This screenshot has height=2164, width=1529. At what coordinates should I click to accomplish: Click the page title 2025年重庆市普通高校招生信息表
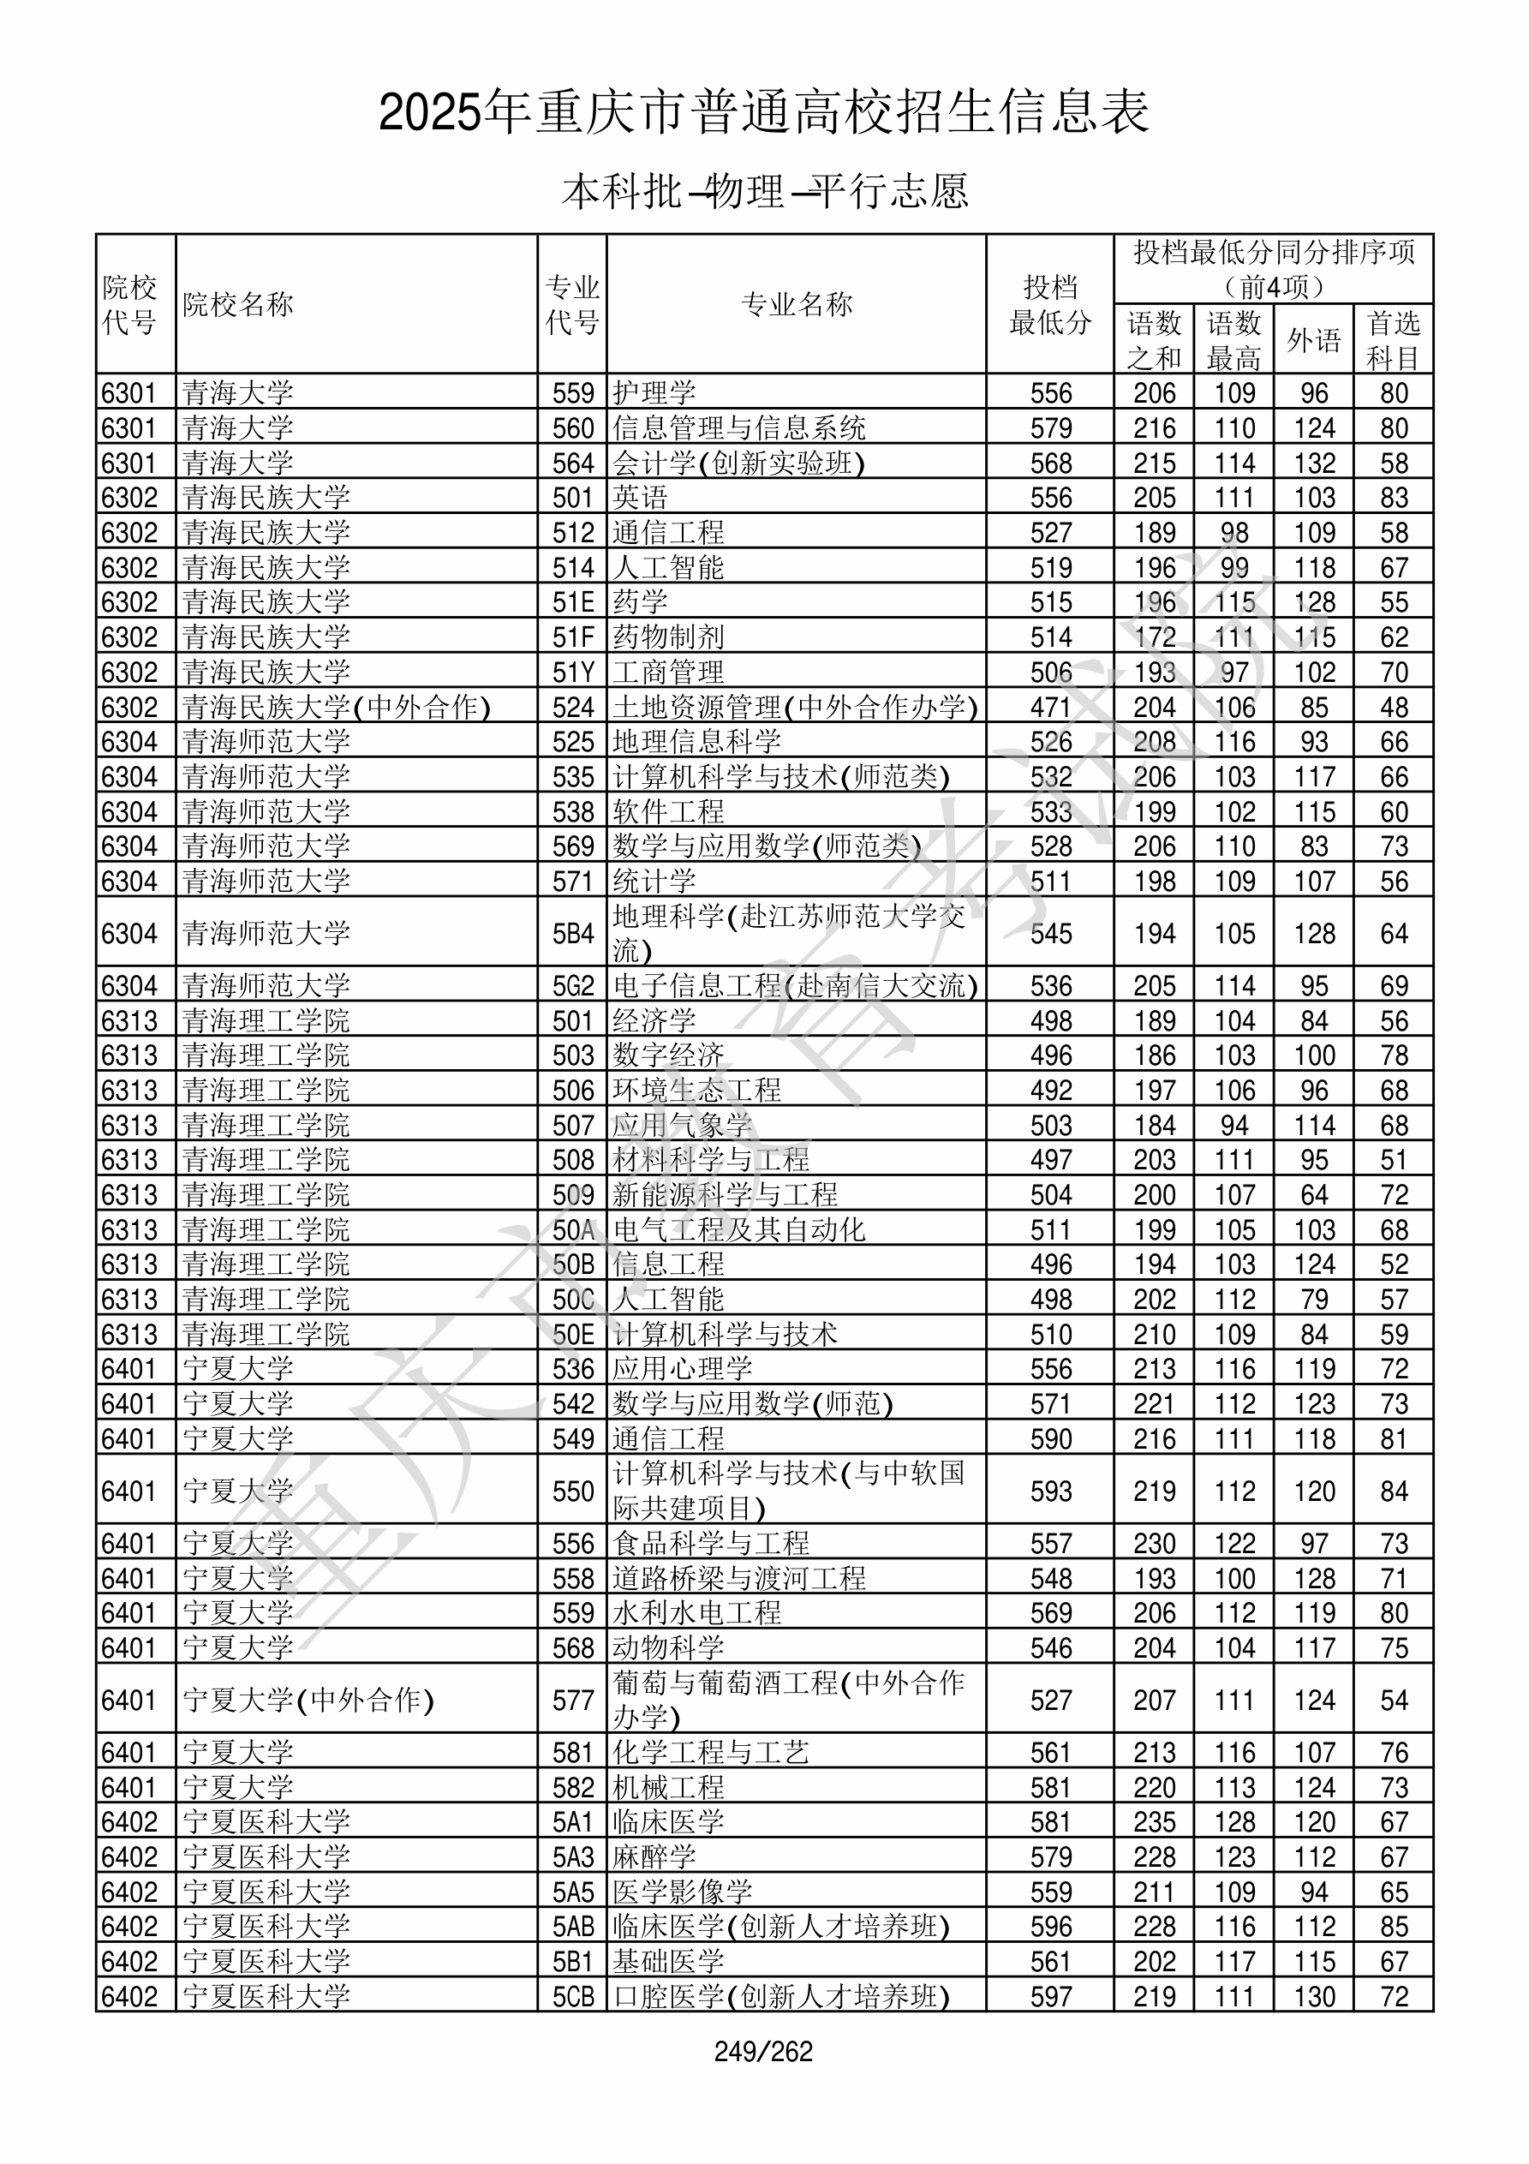pos(763,113)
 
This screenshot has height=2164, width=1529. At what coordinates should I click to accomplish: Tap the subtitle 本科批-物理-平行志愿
pos(764,191)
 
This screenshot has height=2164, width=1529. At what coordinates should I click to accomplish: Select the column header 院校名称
pos(238,304)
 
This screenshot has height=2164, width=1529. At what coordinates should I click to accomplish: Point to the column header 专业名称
pos(797,304)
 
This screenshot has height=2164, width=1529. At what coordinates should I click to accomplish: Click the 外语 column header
pos(1314,340)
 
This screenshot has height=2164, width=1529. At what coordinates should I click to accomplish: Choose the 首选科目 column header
pos(1394,340)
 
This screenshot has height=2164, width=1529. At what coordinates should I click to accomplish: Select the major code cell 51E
pos(573,602)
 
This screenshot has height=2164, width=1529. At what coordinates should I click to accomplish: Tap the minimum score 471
pos(1050,707)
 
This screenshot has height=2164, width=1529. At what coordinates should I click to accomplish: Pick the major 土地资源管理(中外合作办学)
pos(795,707)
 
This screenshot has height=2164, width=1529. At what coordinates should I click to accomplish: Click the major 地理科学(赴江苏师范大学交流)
pos(789,932)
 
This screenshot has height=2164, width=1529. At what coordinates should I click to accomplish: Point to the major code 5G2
pos(573,986)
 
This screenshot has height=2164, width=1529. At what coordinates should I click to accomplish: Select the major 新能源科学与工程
pos(725,1195)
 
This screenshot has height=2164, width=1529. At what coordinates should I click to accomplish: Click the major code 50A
pos(573,1230)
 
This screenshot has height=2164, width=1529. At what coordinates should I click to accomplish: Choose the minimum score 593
pos(1050,1491)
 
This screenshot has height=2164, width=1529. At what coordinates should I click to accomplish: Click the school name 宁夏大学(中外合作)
pos(308,1701)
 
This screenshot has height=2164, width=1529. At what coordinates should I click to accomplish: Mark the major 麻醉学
pos(654,1856)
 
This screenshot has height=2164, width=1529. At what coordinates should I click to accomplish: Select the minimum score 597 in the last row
pos(1050,1996)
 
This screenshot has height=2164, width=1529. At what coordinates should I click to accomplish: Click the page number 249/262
pos(763,2051)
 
